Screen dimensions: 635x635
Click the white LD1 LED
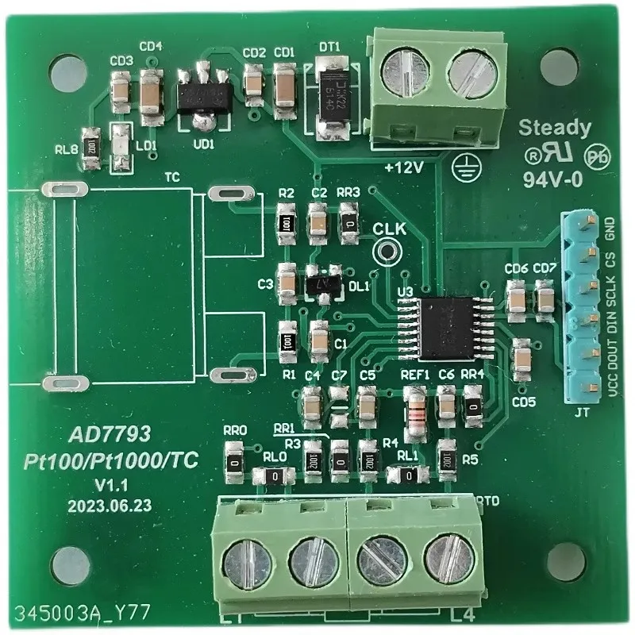pos(121,148)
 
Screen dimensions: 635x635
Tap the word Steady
pos(555,128)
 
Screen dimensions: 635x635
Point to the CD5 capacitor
pos(522,359)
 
